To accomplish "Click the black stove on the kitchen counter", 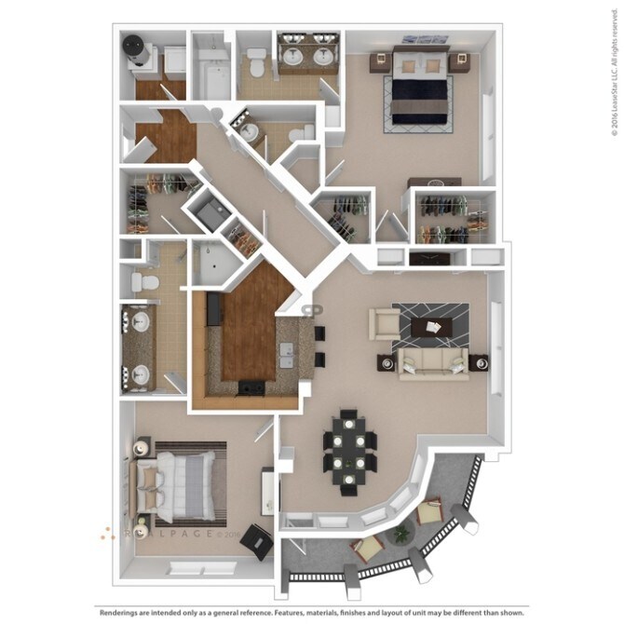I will [x=251, y=388].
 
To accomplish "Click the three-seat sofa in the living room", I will [x=433, y=362].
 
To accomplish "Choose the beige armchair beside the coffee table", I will [x=383, y=323].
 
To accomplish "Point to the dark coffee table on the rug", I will [x=433, y=325].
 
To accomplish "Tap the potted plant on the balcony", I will [x=401, y=533].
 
